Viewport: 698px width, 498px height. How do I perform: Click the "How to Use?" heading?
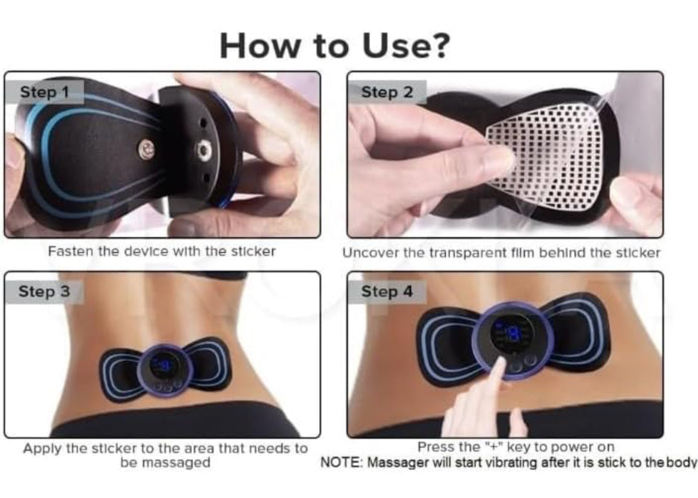tap(334, 46)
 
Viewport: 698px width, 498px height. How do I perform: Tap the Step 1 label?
tap(44, 92)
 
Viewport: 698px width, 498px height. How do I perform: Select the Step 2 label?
tap(387, 92)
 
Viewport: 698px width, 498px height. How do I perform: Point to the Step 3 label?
tap(44, 292)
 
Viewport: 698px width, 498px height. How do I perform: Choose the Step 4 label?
tap(387, 292)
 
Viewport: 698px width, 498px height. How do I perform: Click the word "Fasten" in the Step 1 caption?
tap(70, 251)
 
